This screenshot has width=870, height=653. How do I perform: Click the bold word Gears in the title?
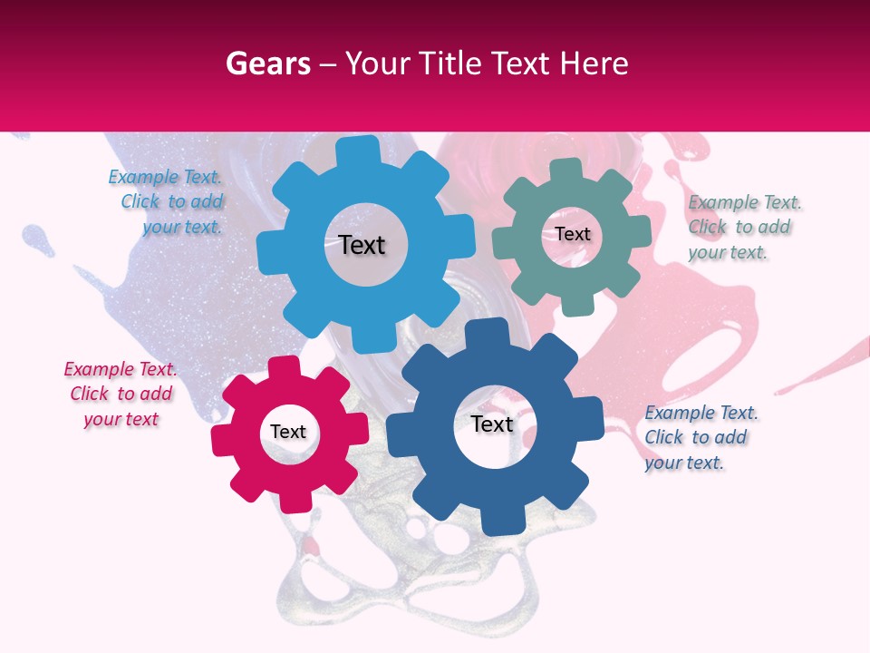(x=266, y=63)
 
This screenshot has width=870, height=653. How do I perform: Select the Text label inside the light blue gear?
(x=362, y=245)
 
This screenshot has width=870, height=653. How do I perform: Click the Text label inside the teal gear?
(x=573, y=234)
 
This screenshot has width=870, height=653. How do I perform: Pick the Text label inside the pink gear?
(x=288, y=432)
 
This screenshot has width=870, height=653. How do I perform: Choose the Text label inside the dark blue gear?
(x=492, y=424)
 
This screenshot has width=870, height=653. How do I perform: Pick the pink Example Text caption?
(x=121, y=394)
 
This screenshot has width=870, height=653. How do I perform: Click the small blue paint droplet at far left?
(x=36, y=238)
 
